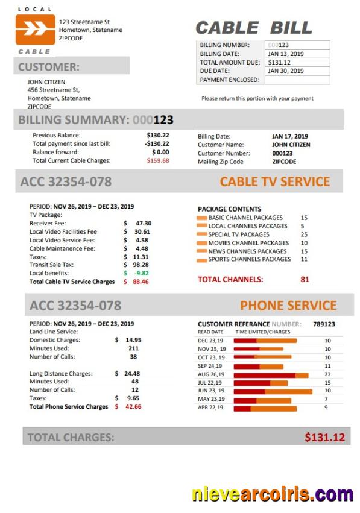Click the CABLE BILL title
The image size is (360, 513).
(x=254, y=28)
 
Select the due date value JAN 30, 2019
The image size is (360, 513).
(x=286, y=71)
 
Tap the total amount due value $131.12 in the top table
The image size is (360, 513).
(x=279, y=62)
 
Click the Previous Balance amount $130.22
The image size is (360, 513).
(x=158, y=136)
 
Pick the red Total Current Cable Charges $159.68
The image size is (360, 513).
(x=158, y=161)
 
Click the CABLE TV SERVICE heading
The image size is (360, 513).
(x=274, y=181)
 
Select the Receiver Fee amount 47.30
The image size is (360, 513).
(x=143, y=223)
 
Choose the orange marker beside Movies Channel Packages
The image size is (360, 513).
(x=202, y=244)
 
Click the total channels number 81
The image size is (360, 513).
(x=305, y=279)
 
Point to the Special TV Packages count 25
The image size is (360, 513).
(x=304, y=234)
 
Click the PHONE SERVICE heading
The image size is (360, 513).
(x=288, y=306)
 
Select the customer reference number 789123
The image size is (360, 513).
(x=324, y=324)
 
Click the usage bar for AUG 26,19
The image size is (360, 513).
(x=271, y=374)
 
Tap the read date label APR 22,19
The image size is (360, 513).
(x=211, y=408)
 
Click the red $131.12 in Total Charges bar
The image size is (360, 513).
(x=324, y=437)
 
